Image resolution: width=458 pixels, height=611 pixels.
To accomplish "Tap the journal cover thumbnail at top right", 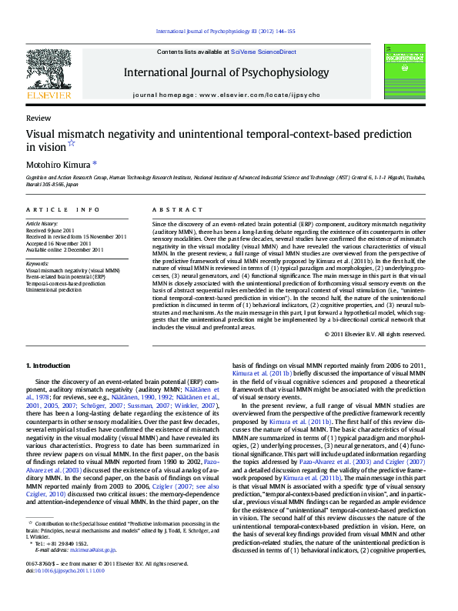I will pyautogui.click(x=406, y=72).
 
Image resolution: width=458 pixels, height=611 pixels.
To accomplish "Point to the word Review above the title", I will pyautogui.click(x=38, y=119).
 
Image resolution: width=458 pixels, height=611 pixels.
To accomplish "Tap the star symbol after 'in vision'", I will pyautogui.click(x=72, y=143).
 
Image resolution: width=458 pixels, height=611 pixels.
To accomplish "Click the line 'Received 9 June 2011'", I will pyautogui.click(x=52, y=229).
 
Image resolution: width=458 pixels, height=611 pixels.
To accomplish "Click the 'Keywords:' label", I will pyautogui.click(x=37, y=265).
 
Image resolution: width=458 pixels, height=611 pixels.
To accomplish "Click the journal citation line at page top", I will pyautogui.click(x=226, y=31).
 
